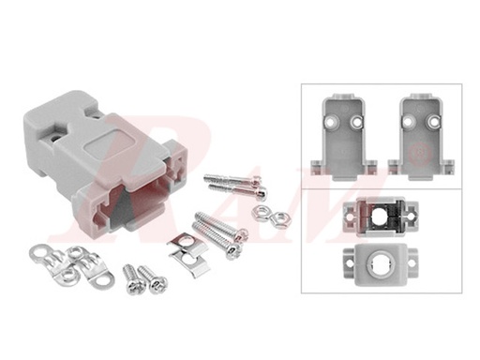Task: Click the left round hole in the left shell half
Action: (333, 121)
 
